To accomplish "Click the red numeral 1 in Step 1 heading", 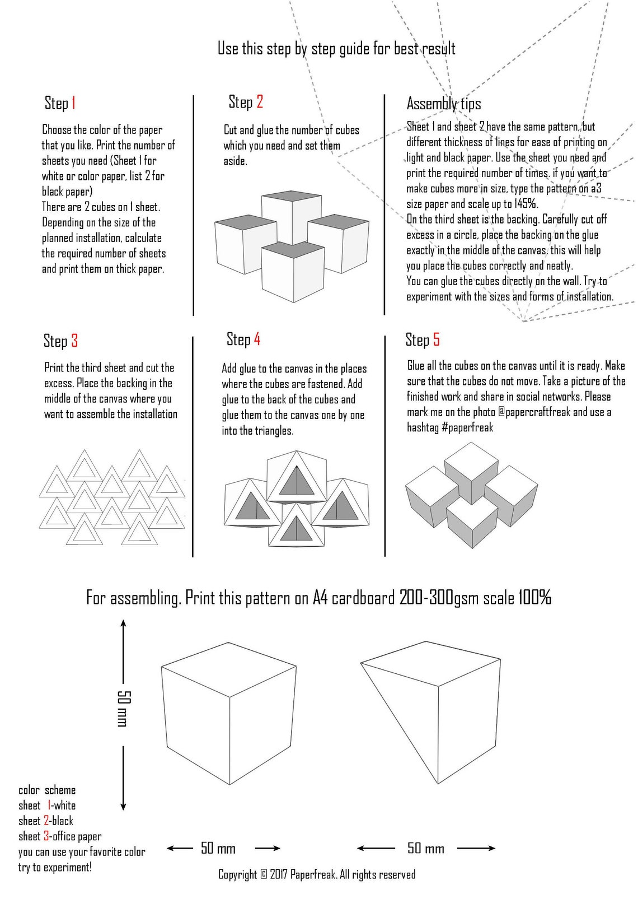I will pos(73,103).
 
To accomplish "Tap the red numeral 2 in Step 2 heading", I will pos(260,102).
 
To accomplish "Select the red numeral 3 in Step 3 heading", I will pos(74,341).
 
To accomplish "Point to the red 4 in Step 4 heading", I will pos(257,339).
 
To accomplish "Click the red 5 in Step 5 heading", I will pos(437,339).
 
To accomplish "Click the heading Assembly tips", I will pos(443,104).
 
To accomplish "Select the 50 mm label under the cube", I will pos(218,848).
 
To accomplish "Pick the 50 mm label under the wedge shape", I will pos(425,848).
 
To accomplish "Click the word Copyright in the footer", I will pos(237,874).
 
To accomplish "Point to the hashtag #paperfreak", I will pos(467,427).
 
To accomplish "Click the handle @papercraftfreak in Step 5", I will pos(534,412).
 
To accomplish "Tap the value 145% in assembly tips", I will pos(526,204).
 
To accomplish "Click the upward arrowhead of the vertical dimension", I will pos(124,622).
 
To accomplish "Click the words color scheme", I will pos(47,790).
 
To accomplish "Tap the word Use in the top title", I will pos(228,49).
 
